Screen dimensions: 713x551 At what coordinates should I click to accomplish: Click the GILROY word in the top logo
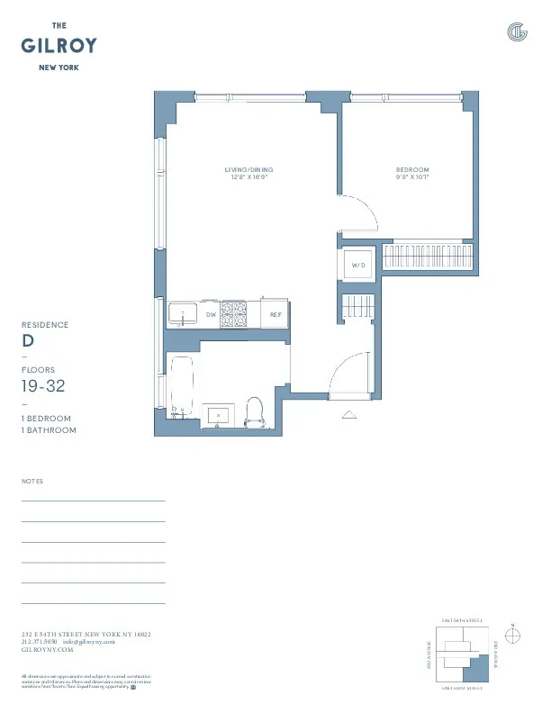click(59, 46)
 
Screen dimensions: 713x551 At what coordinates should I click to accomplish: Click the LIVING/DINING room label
click(248, 169)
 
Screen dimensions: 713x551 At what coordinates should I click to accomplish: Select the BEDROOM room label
click(412, 169)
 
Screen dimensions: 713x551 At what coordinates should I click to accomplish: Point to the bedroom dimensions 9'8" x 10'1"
click(412, 177)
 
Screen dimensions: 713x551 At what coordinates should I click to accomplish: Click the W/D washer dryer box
click(358, 266)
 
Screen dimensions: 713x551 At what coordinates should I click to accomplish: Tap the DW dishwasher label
click(211, 314)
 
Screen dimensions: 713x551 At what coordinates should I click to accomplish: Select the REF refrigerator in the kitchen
click(275, 314)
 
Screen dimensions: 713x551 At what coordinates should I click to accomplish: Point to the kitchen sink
click(184, 315)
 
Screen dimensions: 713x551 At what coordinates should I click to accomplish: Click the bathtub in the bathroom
click(181, 386)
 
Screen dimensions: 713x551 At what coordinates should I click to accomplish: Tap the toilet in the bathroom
click(254, 411)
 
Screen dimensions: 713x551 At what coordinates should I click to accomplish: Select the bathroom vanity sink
click(217, 415)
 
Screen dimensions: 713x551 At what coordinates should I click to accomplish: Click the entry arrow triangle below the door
click(350, 414)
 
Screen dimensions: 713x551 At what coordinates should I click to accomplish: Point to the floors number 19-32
click(42, 386)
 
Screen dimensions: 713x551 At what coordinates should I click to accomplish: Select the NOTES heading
click(32, 482)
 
